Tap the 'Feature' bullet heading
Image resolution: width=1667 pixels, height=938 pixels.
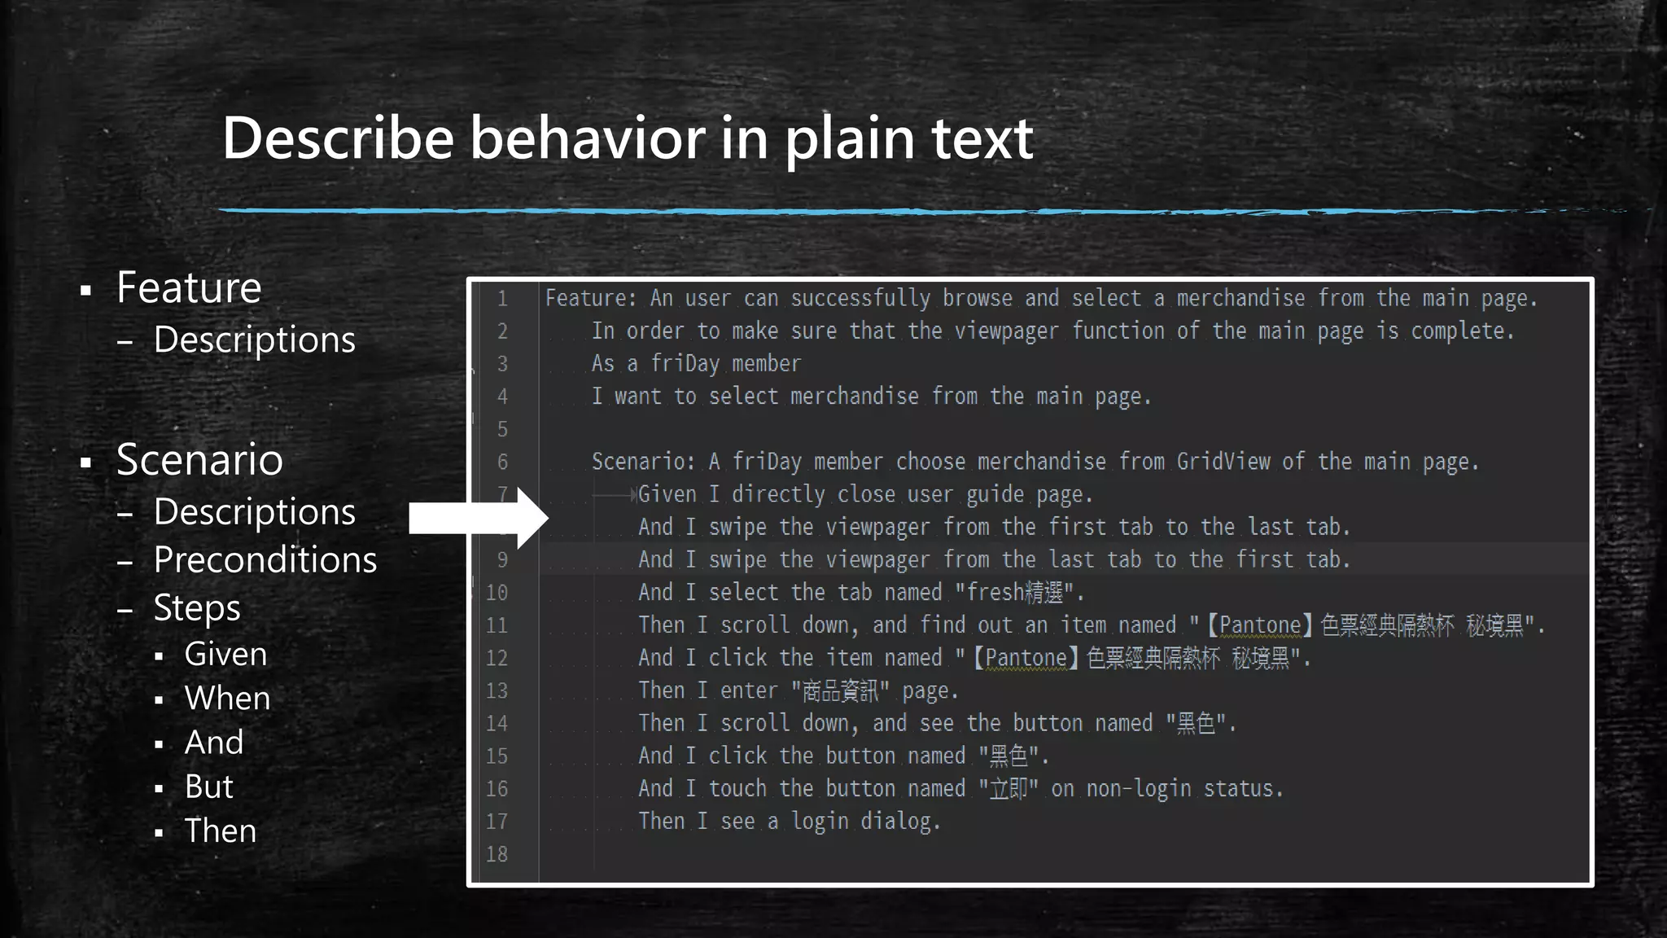[189, 287]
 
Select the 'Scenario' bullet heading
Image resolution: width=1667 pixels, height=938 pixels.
[199, 459]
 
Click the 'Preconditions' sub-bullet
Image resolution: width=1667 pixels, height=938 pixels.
[265, 560]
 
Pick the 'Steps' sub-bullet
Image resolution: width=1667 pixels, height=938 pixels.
[197, 608]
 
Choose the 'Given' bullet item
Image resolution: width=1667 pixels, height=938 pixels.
[225, 655]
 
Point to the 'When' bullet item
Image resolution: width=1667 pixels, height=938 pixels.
[227, 699]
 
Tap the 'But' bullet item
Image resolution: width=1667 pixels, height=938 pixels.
[208, 787]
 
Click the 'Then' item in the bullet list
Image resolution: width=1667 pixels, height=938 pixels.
[220, 831]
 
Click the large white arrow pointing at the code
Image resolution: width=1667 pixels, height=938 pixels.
[479, 519]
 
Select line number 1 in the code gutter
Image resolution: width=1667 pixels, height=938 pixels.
[502, 299]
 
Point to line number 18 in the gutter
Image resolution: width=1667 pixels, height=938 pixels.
[497, 854]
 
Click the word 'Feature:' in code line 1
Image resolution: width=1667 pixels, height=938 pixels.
[591, 299]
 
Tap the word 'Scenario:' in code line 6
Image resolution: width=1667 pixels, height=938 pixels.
[643, 462]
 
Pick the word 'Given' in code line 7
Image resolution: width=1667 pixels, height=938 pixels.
[667, 494]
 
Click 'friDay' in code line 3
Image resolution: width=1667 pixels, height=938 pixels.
[685, 364]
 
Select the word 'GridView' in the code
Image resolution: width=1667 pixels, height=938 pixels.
[1223, 462]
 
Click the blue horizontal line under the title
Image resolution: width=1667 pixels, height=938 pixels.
[814, 211]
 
